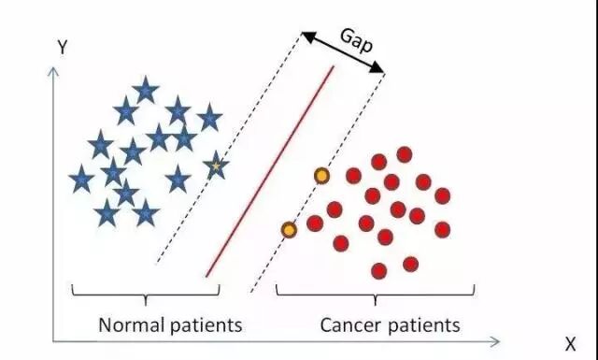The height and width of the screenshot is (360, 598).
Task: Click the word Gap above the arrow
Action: click(356, 40)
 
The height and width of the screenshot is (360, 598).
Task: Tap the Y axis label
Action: click(63, 48)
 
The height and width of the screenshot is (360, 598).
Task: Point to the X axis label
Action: click(570, 344)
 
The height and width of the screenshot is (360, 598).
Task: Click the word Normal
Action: click(132, 325)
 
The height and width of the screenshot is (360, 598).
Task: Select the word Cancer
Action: click(351, 325)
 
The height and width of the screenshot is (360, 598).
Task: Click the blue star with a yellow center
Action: click(216, 166)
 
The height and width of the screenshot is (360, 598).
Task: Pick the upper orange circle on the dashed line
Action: click(321, 176)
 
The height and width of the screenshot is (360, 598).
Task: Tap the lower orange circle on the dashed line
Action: click(289, 230)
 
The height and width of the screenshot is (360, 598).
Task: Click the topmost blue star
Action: click(146, 90)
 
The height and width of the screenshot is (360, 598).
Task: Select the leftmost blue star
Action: click(81, 179)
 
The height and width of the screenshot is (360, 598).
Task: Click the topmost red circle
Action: click(405, 154)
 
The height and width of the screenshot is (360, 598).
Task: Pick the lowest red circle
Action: click(378, 271)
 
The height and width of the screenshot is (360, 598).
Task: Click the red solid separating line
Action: click(270, 171)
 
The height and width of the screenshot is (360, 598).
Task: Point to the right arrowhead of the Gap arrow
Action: click(377, 68)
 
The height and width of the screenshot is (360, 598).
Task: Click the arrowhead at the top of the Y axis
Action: click(53, 71)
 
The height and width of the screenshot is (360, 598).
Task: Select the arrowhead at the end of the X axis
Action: click(495, 341)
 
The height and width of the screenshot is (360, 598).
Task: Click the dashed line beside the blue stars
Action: click(229, 148)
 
